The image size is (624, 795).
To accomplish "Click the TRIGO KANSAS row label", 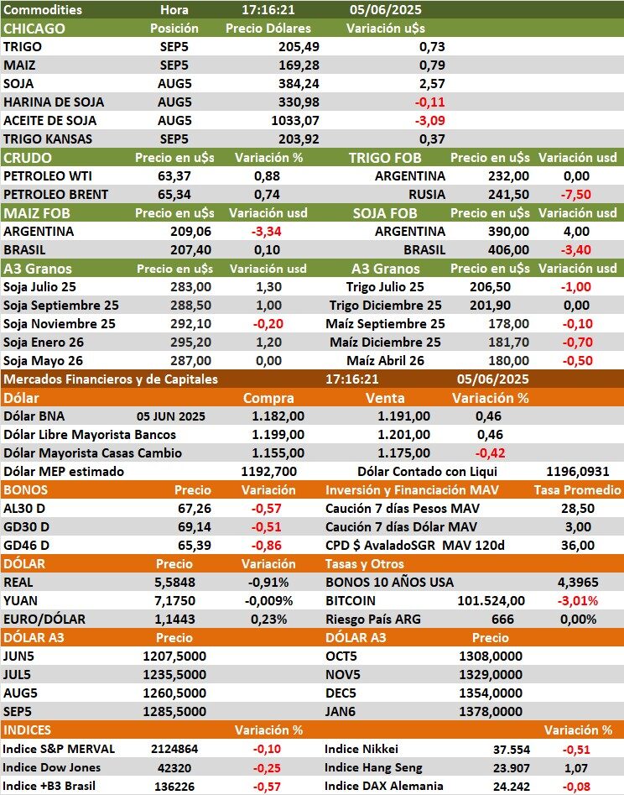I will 48,139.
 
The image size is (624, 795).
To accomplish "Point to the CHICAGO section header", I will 34,28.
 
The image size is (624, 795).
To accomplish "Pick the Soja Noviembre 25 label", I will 60,323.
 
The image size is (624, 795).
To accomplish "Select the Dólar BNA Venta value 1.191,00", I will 403,416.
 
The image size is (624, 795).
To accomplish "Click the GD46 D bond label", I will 27,545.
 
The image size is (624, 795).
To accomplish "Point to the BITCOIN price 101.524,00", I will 491,600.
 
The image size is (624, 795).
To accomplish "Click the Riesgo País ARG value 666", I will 502,619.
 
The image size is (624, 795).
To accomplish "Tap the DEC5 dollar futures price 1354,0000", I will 491,693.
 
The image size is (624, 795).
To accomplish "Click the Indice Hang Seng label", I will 372,767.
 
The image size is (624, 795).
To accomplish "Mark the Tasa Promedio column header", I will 578,489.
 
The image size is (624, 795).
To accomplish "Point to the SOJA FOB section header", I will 385,212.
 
